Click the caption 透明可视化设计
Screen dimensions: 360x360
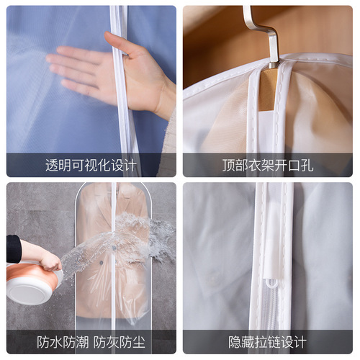click(91, 166)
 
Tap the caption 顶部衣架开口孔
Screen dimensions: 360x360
click(268, 166)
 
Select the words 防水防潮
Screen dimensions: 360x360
click(62, 341)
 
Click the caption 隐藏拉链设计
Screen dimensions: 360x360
click(268, 341)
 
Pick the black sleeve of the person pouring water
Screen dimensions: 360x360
click(14, 248)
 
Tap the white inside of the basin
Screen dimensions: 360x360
click(29, 292)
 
